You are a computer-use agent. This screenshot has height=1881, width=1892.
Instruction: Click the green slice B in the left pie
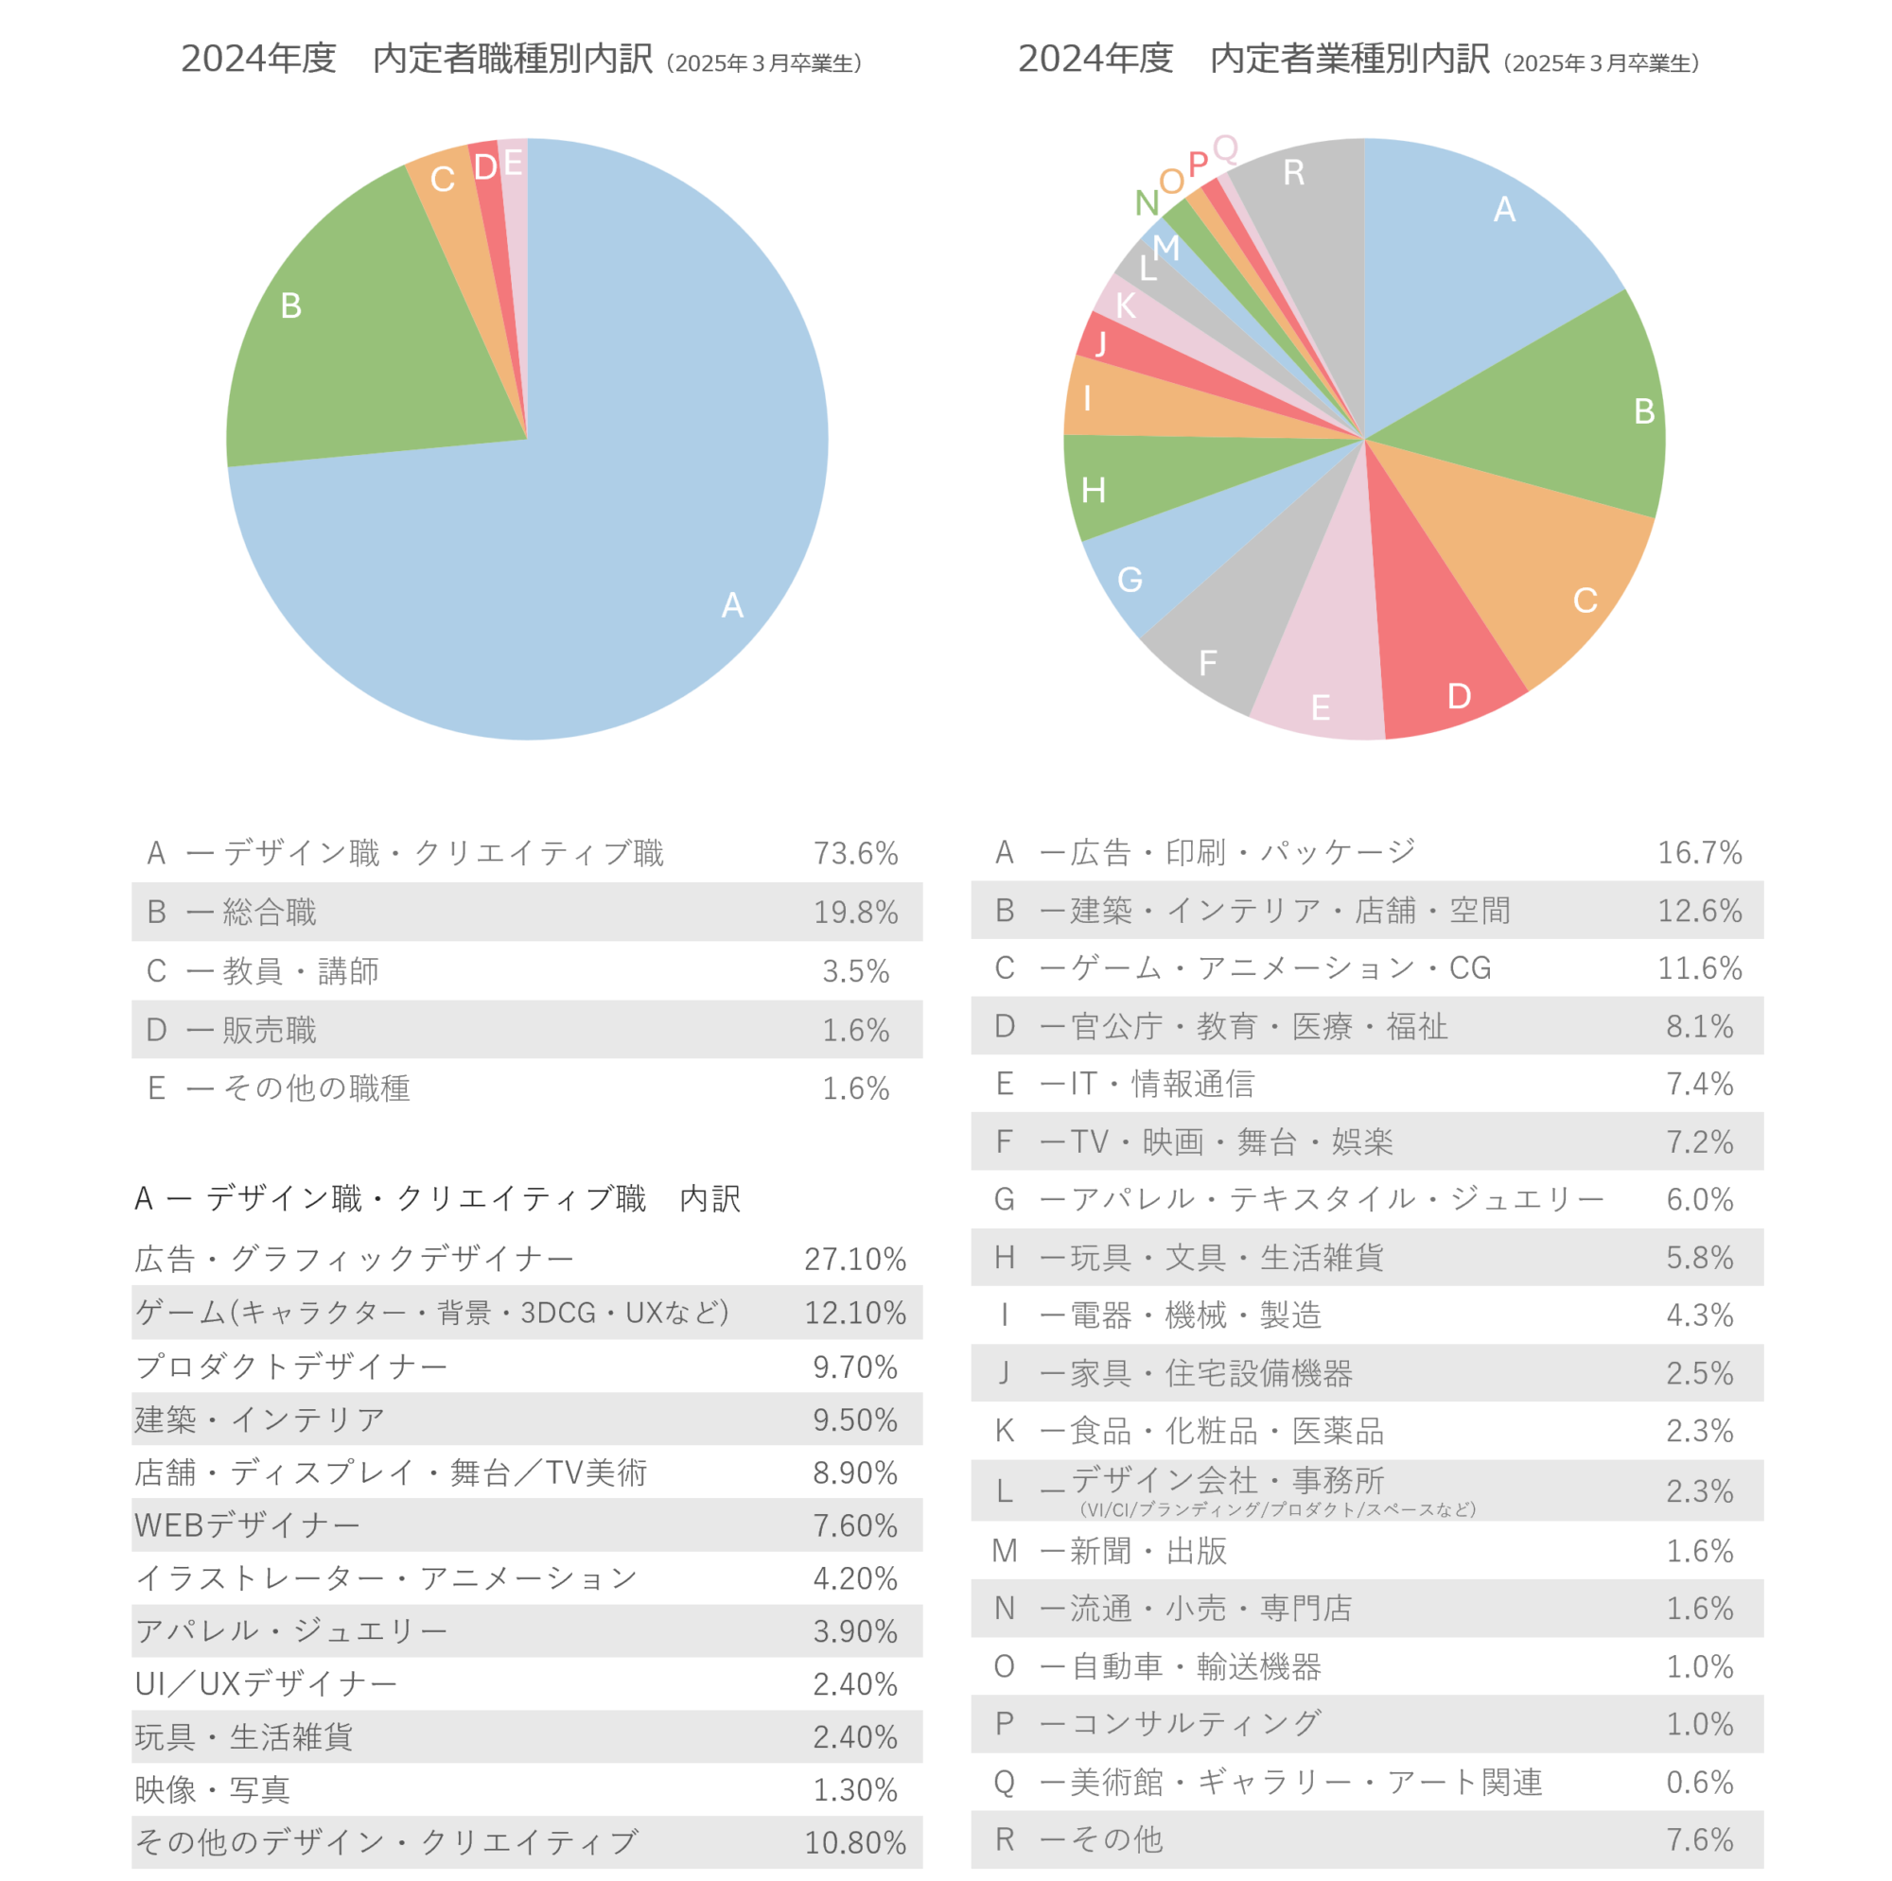(353, 333)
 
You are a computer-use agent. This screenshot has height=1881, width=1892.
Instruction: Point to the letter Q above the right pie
(1225, 148)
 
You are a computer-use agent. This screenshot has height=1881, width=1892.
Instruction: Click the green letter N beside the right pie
(1147, 202)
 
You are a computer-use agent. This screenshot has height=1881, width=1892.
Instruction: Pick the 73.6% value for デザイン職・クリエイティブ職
(855, 853)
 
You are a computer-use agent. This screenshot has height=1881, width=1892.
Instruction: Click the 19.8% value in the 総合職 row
(855, 912)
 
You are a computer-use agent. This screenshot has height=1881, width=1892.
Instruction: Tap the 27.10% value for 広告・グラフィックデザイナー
(854, 1258)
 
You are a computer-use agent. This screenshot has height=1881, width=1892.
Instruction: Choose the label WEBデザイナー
(247, 1524)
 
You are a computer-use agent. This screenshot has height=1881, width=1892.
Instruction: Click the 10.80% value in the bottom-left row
(854, 1842)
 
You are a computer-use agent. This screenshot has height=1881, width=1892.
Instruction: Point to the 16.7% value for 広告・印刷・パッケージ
(1699, 852)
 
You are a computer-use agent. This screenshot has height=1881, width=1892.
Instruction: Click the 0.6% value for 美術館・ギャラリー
(1699, 1781)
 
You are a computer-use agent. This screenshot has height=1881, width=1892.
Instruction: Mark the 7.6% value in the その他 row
(1699, 1838)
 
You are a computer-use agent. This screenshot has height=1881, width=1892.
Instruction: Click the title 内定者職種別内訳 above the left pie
(511, 59)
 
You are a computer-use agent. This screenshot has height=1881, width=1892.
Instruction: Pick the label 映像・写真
(213, 1789)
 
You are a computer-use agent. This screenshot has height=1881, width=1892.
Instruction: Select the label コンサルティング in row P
(1195, 1723)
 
